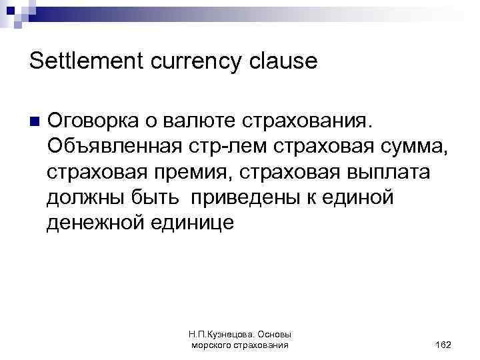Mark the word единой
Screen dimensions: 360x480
click(363, 198)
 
